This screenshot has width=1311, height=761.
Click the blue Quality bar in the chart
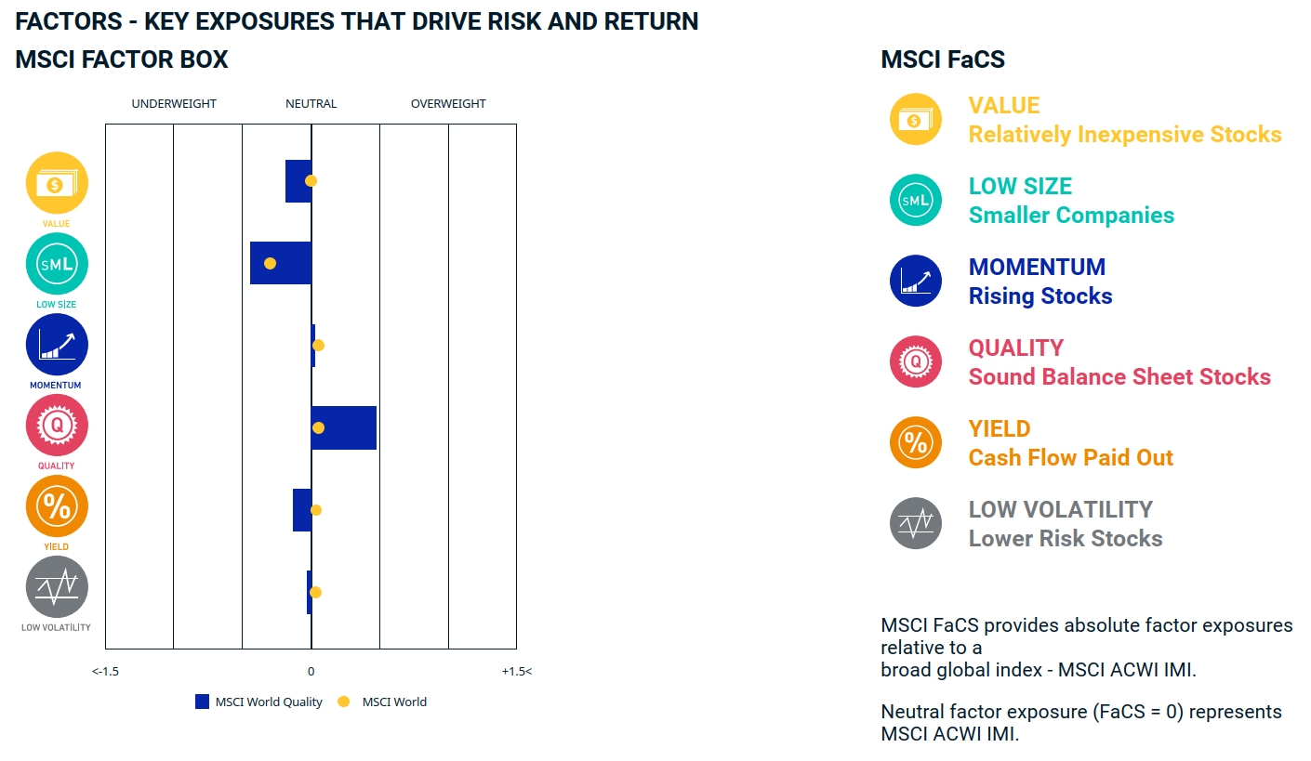[344, 427]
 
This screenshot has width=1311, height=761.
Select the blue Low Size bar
[281, 263]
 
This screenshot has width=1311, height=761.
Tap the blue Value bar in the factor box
[298, 181]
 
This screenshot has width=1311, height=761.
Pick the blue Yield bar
[302, 510]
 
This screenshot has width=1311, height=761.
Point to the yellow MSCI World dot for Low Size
[270, 264]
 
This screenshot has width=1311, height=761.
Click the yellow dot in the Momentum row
[318, 346]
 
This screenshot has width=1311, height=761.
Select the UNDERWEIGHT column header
[174, 104]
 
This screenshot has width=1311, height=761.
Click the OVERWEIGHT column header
[448, 104]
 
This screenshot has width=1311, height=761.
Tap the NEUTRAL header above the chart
[311, 104]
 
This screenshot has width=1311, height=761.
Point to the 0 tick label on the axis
[311, 671]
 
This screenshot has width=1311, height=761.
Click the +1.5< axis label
[516, 671]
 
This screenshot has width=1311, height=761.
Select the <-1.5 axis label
[105, 671]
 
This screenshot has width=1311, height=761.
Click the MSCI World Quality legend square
[202, 702]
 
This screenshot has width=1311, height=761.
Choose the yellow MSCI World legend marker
[343, 702]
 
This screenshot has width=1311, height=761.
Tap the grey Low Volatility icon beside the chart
[57, 587]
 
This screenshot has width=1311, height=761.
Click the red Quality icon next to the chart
[57, 426]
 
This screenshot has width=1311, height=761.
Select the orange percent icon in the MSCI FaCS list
[916, 442]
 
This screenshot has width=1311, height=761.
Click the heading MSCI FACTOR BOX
[122, 60]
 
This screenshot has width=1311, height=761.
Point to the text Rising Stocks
[1040, 296]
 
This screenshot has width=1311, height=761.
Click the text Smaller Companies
[1071, 216]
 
